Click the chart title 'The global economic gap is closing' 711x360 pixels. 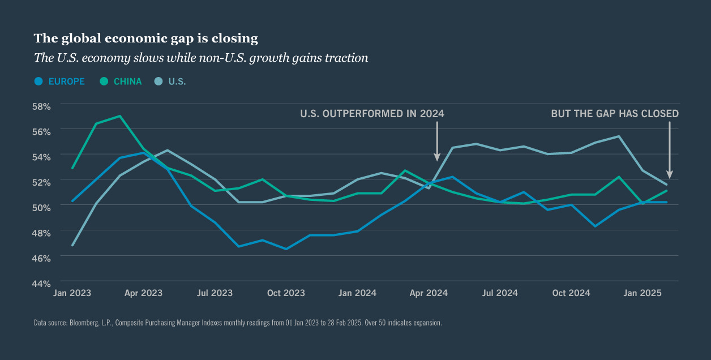pos(145,38)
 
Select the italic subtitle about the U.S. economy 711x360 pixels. pos(201,58)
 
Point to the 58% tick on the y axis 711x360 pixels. pos(41,106)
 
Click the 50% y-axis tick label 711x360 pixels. pos(41,207)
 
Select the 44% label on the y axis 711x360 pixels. pos(41,282)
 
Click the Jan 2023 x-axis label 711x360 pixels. pos(72,293)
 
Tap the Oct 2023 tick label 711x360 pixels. pos(286,293)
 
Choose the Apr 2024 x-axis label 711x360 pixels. pos(429,293)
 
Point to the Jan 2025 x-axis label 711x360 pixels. pos(643,293)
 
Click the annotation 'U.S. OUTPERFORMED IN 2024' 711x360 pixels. pos(372,114)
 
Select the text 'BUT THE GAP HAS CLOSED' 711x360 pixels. pos(615,114)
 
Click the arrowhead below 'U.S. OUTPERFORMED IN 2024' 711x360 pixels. pos(436,157)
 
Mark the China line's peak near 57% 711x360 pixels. pos(119,116)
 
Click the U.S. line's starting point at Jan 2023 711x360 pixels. pos(72,245)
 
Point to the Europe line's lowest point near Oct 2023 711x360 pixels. pos(286,248)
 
